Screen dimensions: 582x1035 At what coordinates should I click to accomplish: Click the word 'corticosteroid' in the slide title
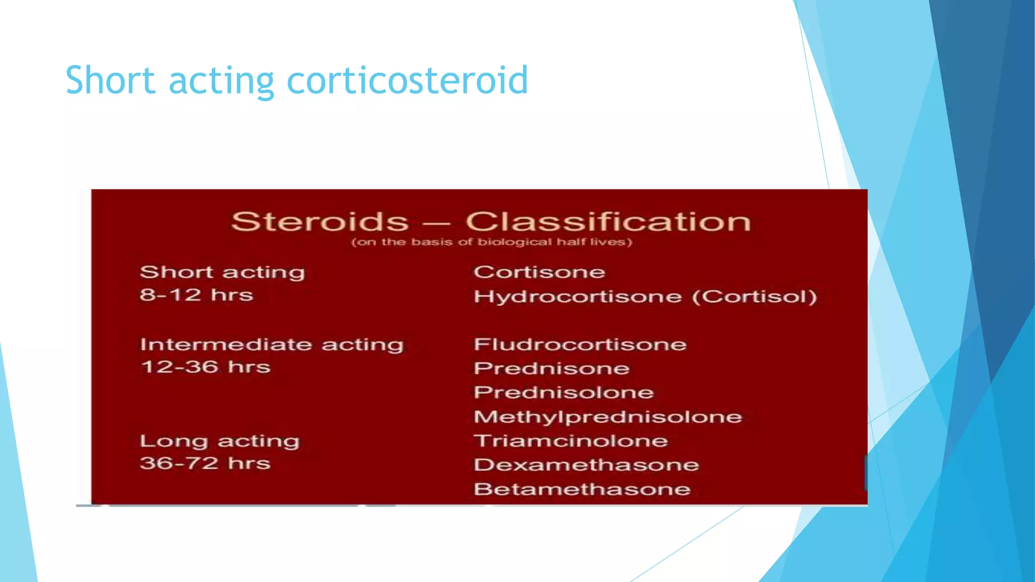point(407,81)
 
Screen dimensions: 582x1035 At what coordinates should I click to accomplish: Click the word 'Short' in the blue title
point(110,81)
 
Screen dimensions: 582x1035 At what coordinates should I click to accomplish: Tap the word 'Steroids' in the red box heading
point(319,222)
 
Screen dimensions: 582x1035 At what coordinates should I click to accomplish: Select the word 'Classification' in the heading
point(608,222)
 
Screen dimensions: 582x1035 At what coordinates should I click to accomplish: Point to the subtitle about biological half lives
point(491,242)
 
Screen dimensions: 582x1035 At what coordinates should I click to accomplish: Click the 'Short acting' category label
point(222,272)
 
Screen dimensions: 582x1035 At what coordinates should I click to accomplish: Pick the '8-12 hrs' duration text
point(196,295)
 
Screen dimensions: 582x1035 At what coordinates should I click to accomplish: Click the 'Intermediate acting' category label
point(272,345)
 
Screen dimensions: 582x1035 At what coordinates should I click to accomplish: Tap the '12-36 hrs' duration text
point(205,367)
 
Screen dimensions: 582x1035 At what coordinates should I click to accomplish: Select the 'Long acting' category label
point(220,441)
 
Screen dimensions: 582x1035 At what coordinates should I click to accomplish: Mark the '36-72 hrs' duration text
point(205,463)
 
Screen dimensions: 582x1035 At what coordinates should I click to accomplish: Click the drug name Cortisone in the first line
point(539,272)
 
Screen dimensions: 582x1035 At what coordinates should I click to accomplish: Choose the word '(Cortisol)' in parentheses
point(754,297)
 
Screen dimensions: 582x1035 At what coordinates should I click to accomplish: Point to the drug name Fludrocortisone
point(580,345)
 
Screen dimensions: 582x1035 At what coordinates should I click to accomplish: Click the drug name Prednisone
point(551,368)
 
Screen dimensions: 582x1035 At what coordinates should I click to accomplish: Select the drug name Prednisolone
point(563,393)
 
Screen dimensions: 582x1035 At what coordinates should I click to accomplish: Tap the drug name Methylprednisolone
point(608,417)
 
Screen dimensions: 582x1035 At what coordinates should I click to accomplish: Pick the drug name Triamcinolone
point(571,441)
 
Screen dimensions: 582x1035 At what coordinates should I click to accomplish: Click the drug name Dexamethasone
point(586,465)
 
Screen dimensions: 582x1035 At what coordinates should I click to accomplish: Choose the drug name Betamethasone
point(582,489)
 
